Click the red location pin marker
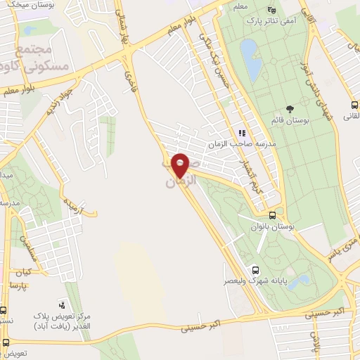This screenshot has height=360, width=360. pos(180,165)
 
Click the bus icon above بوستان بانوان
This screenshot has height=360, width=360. pos(272,216)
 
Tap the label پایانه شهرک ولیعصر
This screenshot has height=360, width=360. pos(253,281)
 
